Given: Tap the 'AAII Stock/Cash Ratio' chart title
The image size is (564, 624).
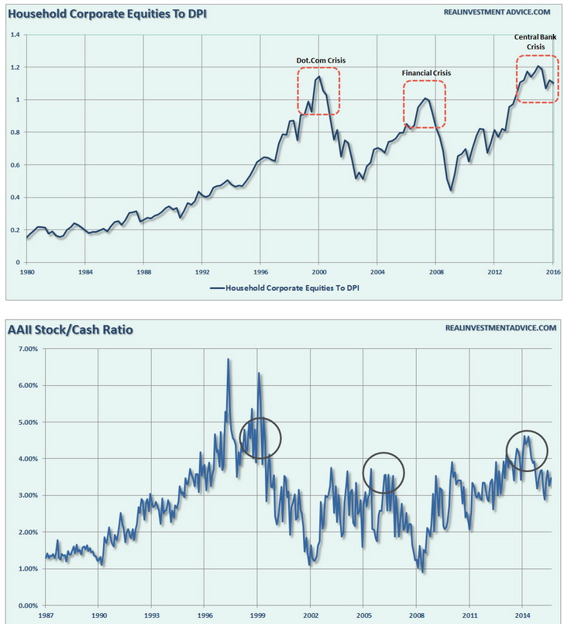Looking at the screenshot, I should (x=70, y=330).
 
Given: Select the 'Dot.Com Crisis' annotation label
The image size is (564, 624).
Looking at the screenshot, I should (x=318, y=60).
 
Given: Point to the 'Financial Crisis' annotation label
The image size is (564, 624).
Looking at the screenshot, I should (x=425, y=73).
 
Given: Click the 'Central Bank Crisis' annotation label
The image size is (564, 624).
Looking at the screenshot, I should (x=535, y=41).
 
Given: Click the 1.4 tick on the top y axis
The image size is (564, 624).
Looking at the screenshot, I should (x=15, y=35).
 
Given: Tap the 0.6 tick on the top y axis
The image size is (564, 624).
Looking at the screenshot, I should (x=15, y=165).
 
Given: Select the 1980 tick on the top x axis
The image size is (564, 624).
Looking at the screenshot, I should (x=27, y=273).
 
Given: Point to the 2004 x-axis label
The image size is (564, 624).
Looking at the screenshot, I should (x=377, y=273).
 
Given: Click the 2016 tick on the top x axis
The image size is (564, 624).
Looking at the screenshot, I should (x=552, y=273).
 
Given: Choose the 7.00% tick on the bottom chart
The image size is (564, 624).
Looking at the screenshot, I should (x=26, y=349).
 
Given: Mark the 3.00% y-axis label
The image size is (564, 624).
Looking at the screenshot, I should (x=26, y=495).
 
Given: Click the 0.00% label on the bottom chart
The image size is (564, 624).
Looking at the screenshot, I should (x=26, y=605).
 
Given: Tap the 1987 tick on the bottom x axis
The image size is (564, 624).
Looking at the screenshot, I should (x=45, y=615).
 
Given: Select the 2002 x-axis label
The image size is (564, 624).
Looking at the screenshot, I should (x=311, y=615).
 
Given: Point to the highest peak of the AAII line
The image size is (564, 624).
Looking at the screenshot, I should (x=228, y=360).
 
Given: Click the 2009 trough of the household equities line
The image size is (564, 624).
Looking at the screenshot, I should (x=451, y=190).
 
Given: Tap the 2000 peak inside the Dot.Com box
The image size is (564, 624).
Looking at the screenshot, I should (x=318, y=76).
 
